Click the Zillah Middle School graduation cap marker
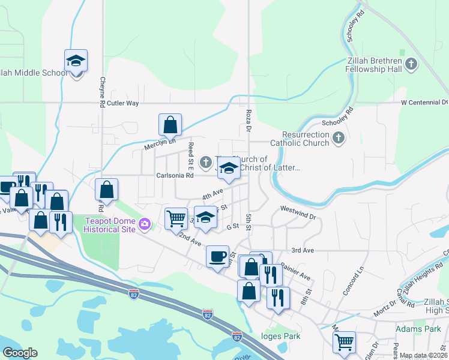tap(76, 61)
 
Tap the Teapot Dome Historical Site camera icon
tap(144, 224)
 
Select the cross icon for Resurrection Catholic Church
tap(339, 139)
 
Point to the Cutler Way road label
tap(124, 103)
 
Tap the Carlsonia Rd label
tap(175, 176)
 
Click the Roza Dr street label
tap(249, 121)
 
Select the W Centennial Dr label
tap(424, 103)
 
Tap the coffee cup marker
tap(217, 256)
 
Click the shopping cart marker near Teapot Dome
tap(176, 218)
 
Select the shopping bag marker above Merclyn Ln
tap(170, 125)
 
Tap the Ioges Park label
tap(281, 337)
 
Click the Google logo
tap(20, 352)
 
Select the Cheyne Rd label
tap(103, 92)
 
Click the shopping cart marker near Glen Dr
tap(344, 342)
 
